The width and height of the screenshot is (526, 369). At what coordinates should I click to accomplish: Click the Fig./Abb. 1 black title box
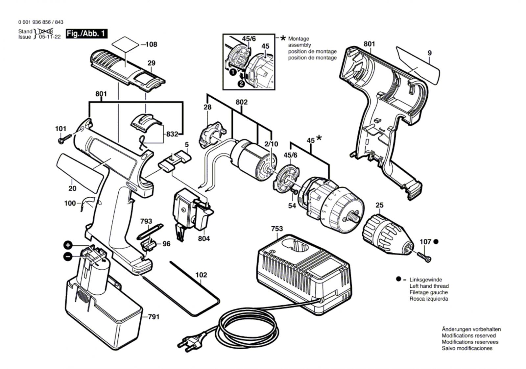click(86, 34)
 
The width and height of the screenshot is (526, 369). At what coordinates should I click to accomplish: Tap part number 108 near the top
click(151, 44)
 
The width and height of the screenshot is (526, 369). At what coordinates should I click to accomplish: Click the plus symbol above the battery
click(67, 245)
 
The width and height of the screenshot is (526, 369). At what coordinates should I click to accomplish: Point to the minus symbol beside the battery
click(67, 257)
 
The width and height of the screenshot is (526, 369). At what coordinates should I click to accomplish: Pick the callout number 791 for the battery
click(154, 317)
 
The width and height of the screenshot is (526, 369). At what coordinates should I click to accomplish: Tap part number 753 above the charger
click(277, 229)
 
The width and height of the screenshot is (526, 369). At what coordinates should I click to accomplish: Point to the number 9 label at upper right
click(429, 53)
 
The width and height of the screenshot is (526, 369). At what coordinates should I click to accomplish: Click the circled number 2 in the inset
click(241, 84)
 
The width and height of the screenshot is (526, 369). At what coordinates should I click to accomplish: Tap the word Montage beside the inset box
click(299, 39)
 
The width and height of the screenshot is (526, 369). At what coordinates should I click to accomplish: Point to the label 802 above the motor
click(241, 102)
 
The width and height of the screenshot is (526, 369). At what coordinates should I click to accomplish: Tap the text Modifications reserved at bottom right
click(468, 335)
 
